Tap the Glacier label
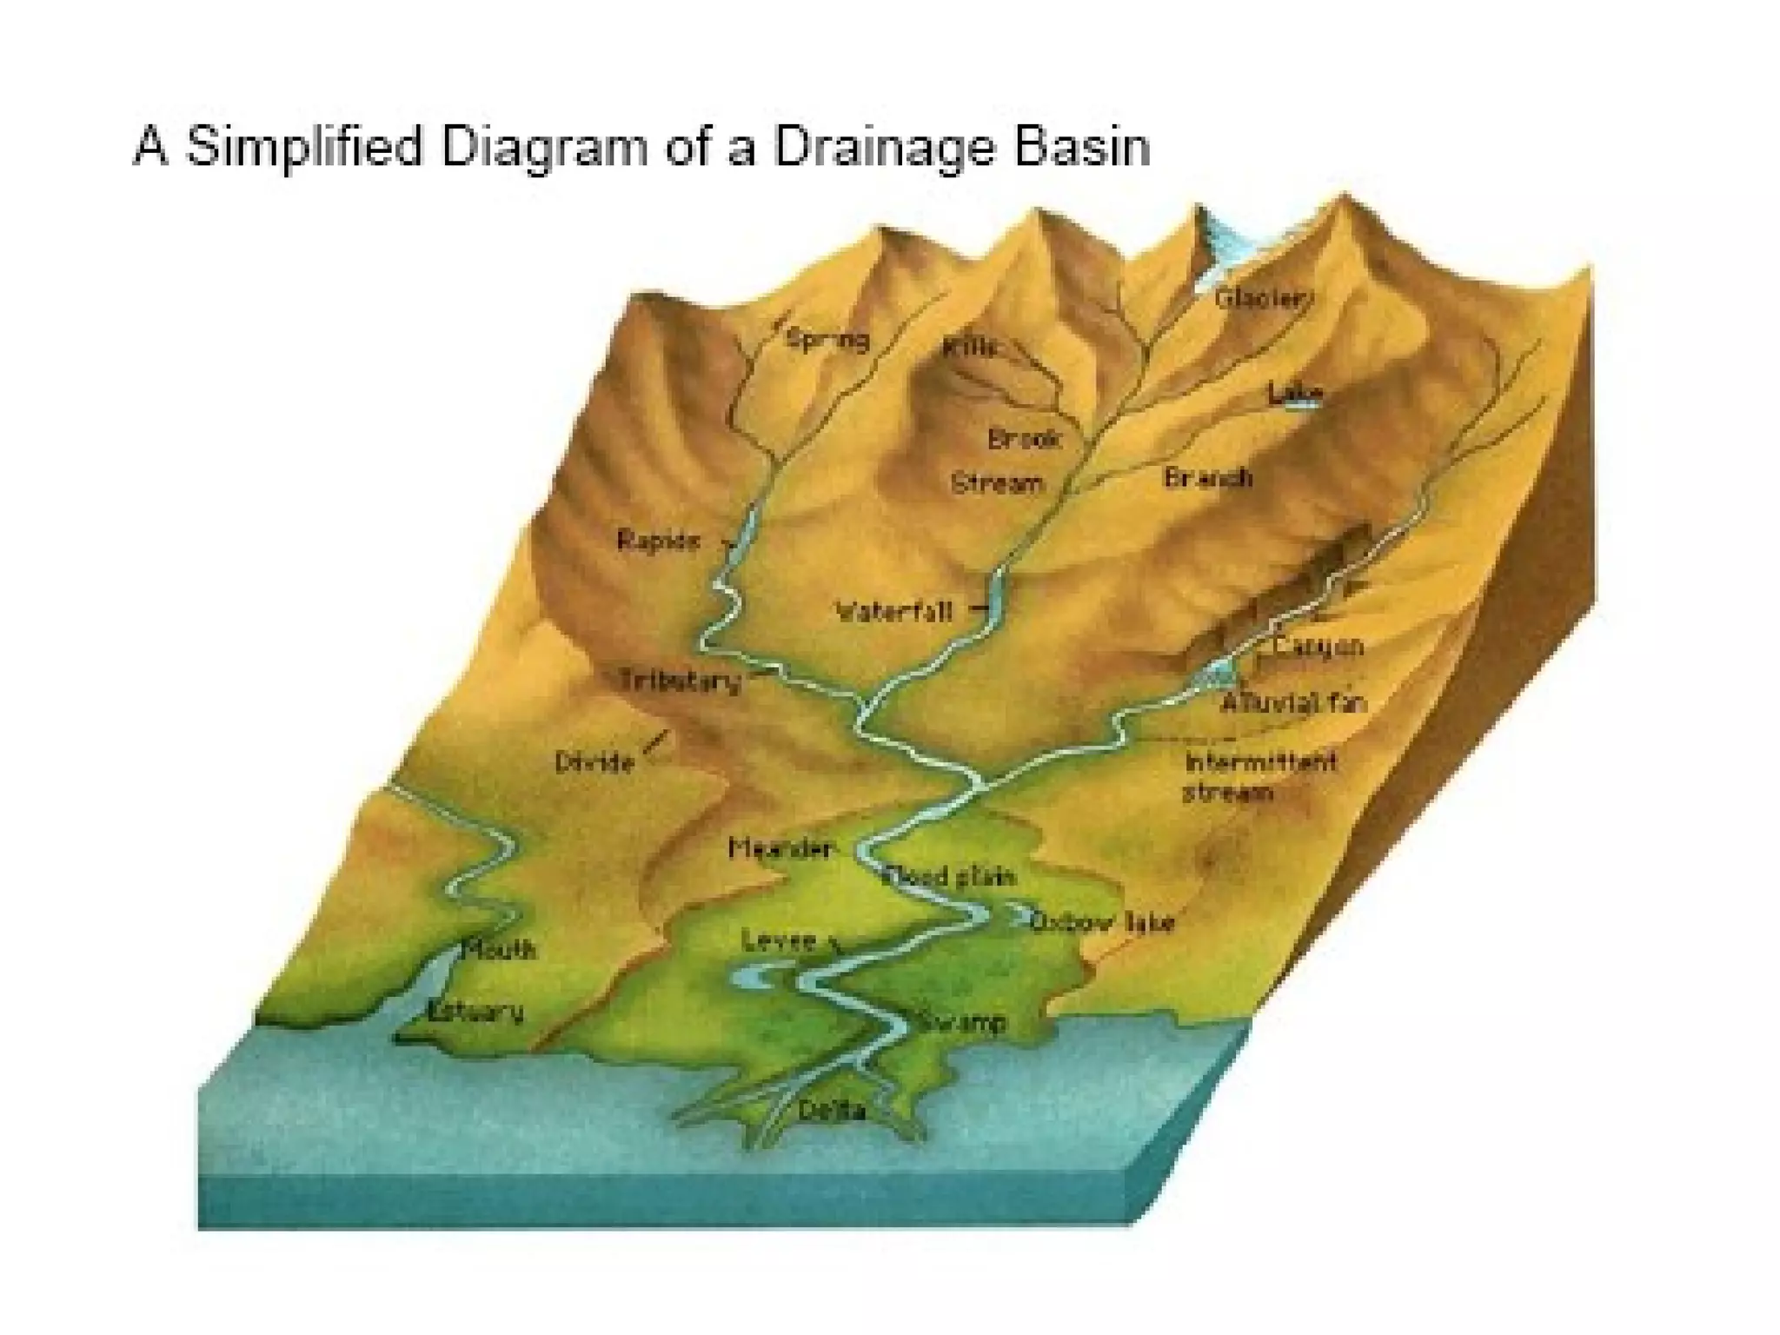(x=1261, y=298)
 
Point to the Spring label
(x=827, y=338)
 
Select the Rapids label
(x=658, y=541)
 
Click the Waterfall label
(x=894, y=612)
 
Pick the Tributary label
(x=681, y=680)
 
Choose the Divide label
(x=594, y=763)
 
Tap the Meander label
(x=781, y=847)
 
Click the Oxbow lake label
(x=1102, y=922)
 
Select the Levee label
(x=780, y=940)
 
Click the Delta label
(x=832, y=1110)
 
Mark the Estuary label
(x=476, y=1011)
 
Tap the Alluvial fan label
(x=1293, y=702)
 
